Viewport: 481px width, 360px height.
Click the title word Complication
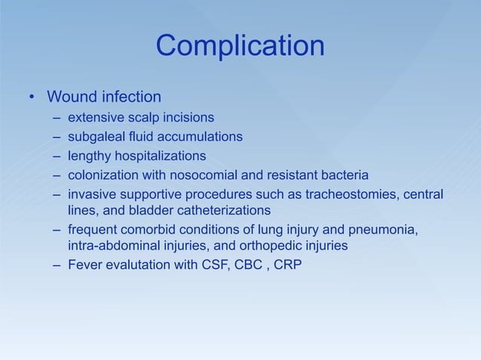[240, 47]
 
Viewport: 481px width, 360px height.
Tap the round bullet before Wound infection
[32, 98]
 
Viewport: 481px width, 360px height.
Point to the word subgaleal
[95, 137]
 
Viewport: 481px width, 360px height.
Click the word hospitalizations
[159, 157]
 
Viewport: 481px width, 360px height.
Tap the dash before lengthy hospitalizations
[57, 157]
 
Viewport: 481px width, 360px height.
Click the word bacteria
[344, 176]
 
